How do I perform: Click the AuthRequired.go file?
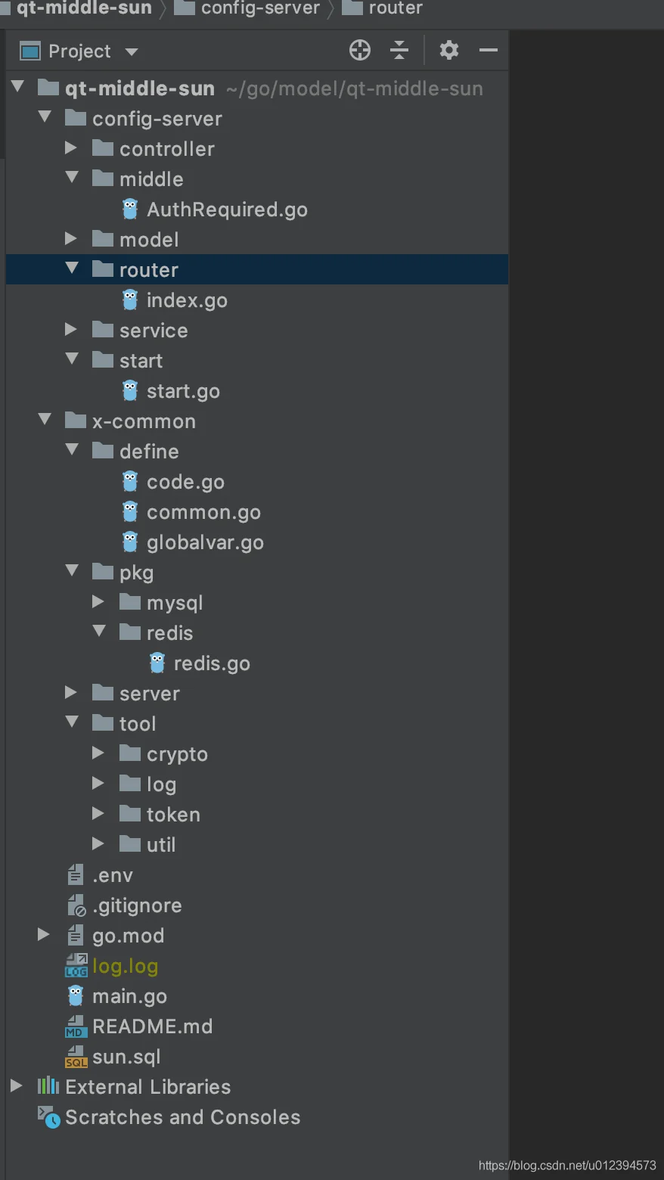pos(226,210)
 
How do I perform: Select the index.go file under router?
pos(186,300)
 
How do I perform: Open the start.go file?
pos(182,391)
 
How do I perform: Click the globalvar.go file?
pos(204,542)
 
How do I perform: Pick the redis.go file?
pos(211,663)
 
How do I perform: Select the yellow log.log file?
pos(125,966)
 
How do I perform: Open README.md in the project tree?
pos(152,1026)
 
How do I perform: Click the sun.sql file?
pos(126,1057)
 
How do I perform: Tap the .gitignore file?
pos(136,905)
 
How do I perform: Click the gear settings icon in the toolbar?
pos(449,50)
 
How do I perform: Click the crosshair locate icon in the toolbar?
pos(360,50)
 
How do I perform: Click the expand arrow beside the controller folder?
pos(71,148)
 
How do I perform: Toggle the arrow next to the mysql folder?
pos(98,602)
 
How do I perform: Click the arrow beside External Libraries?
pos(17,1086)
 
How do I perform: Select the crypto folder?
pos(176,754)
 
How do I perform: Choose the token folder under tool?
pos(172,815)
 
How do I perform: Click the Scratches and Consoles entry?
pos(182,1117)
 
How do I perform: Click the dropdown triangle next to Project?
pos(132,52)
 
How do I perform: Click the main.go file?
pos(129,996)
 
